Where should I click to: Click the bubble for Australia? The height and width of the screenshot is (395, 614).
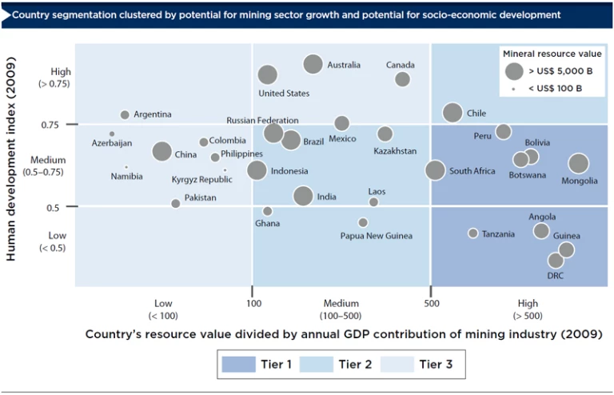313,65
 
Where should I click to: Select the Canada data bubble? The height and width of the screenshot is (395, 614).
402,79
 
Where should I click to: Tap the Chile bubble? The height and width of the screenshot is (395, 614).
453,113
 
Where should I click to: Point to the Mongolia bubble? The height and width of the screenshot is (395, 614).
578,164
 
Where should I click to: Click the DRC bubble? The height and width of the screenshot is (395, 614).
556,261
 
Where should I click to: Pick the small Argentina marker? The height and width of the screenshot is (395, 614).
125,115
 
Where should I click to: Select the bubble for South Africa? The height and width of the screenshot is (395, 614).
435,170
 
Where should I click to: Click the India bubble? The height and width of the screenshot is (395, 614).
303,196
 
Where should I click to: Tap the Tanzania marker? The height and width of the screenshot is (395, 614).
472,233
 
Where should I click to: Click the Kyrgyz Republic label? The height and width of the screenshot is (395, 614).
202,180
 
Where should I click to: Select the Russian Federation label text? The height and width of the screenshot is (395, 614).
263,121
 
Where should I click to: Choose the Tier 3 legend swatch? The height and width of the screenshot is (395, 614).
397,365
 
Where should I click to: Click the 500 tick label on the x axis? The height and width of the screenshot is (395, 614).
432,304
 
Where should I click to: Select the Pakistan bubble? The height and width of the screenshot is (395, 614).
176,204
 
